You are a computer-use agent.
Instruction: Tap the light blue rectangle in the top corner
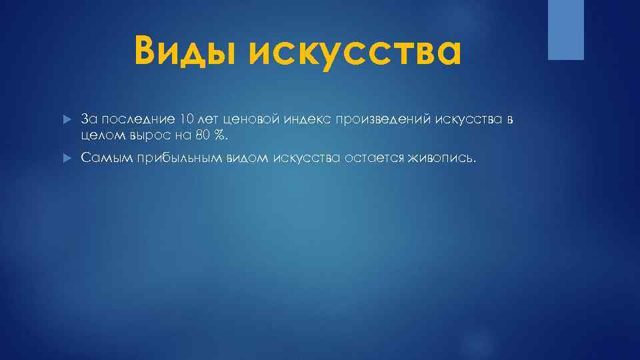565,29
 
